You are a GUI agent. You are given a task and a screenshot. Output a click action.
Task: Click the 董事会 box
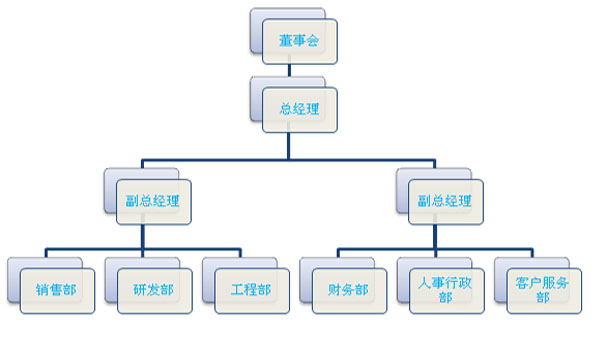tap(300, 41)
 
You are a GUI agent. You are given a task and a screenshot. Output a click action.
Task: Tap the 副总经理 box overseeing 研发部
tap(154, 199)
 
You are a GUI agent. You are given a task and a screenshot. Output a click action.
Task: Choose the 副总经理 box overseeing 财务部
tap(446, 199)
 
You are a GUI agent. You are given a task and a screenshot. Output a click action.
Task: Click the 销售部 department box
tap(56, 290)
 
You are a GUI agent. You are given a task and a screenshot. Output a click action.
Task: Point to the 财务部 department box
tap(348, 290)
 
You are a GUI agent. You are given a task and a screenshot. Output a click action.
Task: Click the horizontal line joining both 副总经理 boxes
tap(289, 158)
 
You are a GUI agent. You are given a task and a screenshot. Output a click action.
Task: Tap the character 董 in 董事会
tap(286, 41)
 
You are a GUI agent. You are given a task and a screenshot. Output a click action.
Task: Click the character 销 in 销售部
tap(43, 290)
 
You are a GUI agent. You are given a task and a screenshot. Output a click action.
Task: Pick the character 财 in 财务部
tap(335, 290)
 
